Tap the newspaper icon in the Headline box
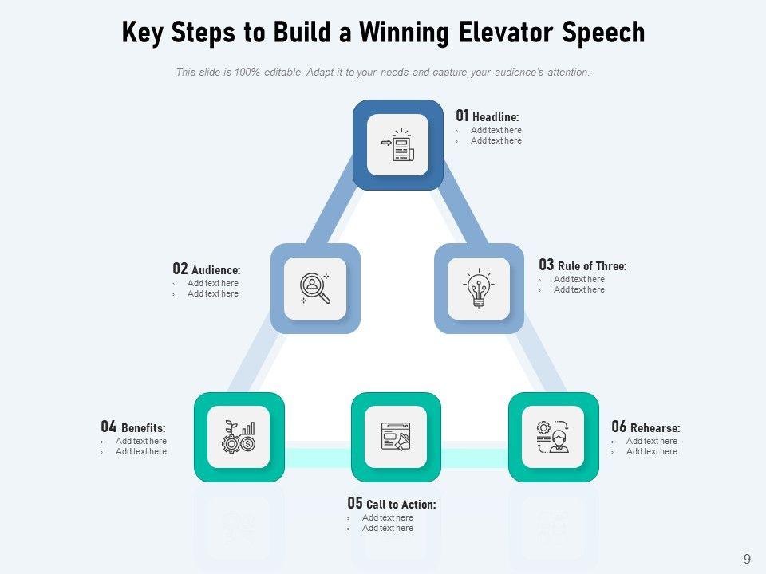click(x=397, y=145)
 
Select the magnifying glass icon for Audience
click(x=315, y=289)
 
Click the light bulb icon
click(x=478, y=289)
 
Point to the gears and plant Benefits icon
click(x=239, y=437)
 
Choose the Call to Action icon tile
click(x=396, y=437)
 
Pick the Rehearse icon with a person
click(x=553, y=437)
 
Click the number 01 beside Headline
click(x=462, y=116)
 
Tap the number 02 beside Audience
click(x=180, y=269)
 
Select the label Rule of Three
click(x=592, y=266)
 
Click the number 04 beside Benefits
click(x=109, y=427)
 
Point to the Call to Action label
click(x=401, y=505)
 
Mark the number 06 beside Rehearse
click(x=619, y=427)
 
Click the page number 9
click(x=747, y=559)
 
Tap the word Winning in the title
click(x=406, y=33)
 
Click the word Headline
click(x=496, y=118)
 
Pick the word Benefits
click(x=144, y=429)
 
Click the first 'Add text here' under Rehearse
click(x=651, y=441)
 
